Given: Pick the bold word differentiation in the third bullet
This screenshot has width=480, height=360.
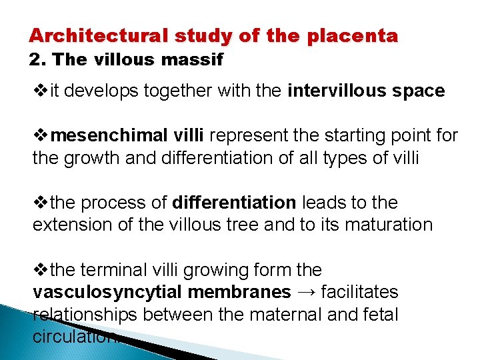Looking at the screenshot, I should (234, 202).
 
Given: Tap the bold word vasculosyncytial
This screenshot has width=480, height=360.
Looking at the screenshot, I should (107, 292).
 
